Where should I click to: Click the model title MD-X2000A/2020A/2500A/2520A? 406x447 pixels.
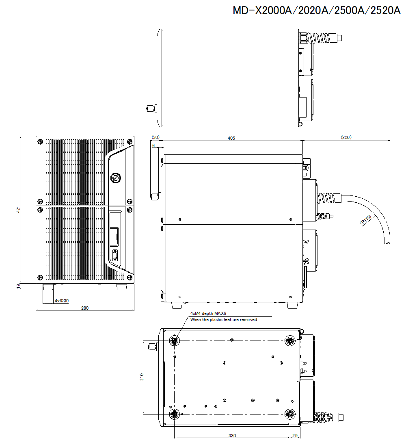pyautogui.click(x=317, y=11)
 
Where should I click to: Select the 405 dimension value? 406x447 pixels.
pyautogui.click(x=231, y=138)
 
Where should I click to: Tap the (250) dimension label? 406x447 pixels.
pyautogui.click(x=346, y=137)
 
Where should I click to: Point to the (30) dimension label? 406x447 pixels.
pyautogui.click(x=155, y=137)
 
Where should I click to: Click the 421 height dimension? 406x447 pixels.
pyautogui.click(x=18, y=210)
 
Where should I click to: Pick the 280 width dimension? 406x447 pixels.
pyautogui.click(x=84, y=308)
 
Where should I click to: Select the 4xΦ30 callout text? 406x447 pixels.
pyautogui.click(x=62, y=301)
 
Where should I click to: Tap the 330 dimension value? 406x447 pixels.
pyautogui.click(x=232, y=436)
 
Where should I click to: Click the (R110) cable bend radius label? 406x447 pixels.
pyautogui.click(x=365, y=220)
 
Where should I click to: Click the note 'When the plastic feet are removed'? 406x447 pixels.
pyautogui.click(x=223, y=320)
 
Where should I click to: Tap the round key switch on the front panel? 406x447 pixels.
pyautogui.click(x=115, y=177)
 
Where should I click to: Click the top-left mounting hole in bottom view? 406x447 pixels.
pyautogui.click(x=175, y=341)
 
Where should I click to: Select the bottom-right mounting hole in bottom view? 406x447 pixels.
pyautogui.click(x=290, y=414)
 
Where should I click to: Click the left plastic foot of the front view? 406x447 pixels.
pyautogui.click(x=48, y=286)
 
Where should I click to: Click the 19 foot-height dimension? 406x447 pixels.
pyautogui.click(x=18, y=286)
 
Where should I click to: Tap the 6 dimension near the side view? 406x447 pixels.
pyautogui.click(x=153, y=145)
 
